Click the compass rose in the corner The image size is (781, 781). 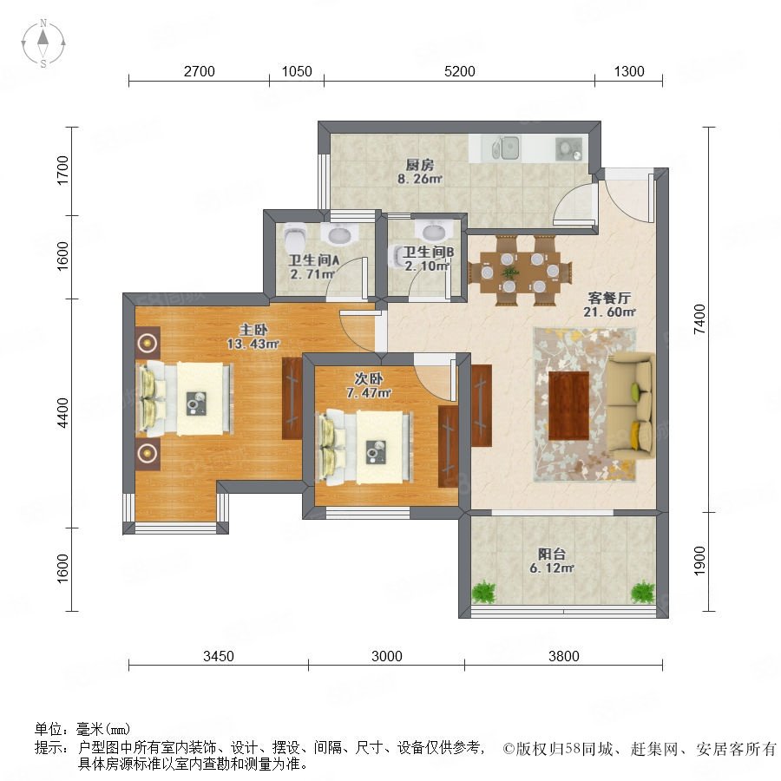click(x=43, y=43)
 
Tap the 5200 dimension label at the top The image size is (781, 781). click(x=459, y=71)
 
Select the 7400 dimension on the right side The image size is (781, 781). click(x=699, y=319)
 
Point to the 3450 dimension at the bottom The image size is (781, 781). click(x=218, y=656)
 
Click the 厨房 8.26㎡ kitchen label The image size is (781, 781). click(x=419, y=172)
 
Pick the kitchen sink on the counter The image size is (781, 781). click(x=506, y=148)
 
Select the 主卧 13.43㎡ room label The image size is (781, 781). click(x=253, y=337)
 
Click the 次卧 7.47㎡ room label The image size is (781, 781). click(x=369, y=385)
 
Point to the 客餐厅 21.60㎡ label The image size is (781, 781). click(x=609, y=305)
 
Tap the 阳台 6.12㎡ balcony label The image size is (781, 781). click(x=552, y=561)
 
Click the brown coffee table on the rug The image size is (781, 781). click(x=568, y=405)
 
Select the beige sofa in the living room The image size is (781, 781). click(x=630, y=406)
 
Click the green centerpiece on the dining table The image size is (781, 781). click(x=509, y=272)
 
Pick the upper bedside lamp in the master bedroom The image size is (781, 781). click(x=148, y=343)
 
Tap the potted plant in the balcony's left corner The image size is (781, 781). click(x=483, y=592)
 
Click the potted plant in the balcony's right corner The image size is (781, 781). click(x=642, y=592)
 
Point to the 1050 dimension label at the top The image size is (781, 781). click(x=297, y=71)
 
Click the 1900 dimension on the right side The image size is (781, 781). click(x=699, y=561)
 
